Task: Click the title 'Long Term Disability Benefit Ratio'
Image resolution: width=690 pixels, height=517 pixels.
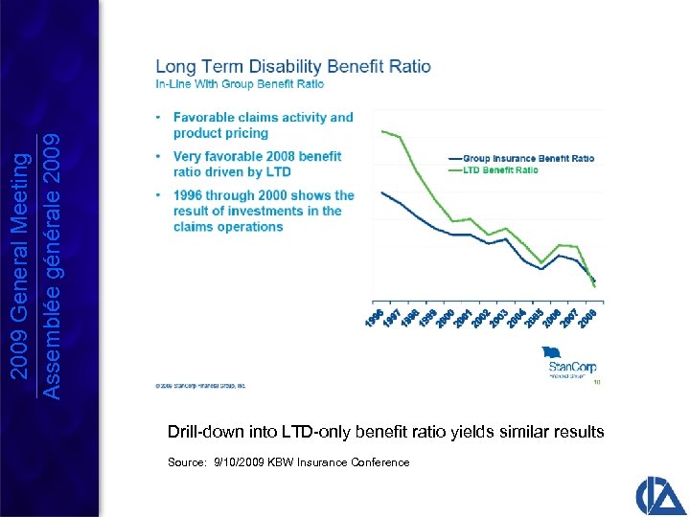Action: click(292, 67)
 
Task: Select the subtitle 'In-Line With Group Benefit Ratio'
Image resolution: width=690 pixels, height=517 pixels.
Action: click(240, 84)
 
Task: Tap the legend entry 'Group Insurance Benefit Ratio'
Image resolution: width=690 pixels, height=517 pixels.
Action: click(528, 158)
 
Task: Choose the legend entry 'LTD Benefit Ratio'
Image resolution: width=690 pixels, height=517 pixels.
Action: click(500, 170)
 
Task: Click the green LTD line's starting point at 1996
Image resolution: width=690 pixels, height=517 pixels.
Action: click(381, 130)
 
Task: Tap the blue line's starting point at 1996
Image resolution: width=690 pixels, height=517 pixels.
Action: click(381, 191)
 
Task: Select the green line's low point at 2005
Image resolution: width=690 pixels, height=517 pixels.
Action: click(542, 261)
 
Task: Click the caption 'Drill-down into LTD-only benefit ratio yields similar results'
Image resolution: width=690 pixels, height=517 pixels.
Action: click(385, 432)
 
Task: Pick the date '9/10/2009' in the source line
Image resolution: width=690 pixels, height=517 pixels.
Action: click(242, 462)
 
